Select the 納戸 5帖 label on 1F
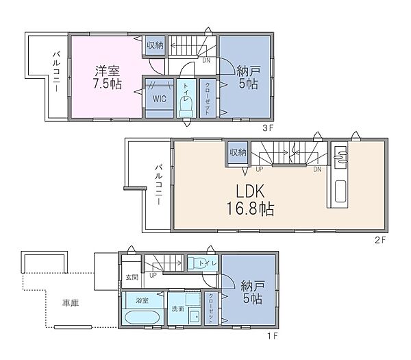click(251, 291)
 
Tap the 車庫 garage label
click(70, 302)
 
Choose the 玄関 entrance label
click(132, 278)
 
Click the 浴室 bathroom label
click(143, 300)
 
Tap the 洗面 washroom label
click(177, 309)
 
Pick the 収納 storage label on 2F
click(238, 152)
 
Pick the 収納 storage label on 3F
click(154, 46)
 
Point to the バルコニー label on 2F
click(158, 185)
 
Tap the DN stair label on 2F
click(317, 169)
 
